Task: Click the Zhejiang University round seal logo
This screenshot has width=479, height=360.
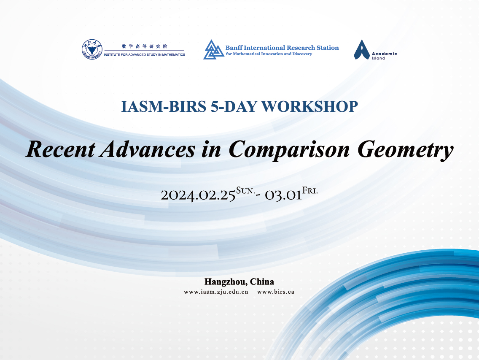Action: click(92, 49)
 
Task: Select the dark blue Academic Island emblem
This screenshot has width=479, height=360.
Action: click(362, 49)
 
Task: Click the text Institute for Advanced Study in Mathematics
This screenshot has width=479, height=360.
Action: click(145, 55)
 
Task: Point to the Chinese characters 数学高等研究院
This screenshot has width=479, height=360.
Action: click(145, 46)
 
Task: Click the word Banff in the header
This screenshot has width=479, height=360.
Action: click(234, 48)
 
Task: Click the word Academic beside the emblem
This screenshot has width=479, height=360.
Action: click(384, 54)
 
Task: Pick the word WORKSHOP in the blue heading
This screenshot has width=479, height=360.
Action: click(309, 106)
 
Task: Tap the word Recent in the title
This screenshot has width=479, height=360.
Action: click(60, 149)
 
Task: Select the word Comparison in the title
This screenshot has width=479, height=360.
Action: click(289, 150)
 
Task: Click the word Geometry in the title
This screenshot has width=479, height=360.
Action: click(405, 150)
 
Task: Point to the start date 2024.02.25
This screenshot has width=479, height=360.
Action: click(198, 195)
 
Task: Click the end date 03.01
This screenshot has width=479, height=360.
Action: click(283, 195)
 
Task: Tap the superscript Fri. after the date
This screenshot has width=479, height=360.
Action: click(310, 191)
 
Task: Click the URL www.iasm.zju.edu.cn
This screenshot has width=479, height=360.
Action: click(216, 292)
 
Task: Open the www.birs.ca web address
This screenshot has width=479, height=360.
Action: click(275, 292)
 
